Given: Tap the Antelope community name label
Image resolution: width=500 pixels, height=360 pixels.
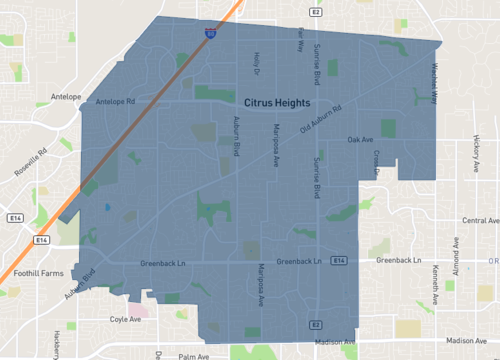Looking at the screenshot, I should pyautogui.click(x=65, y=97).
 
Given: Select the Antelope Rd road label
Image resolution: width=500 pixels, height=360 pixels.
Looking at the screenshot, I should pyautogui.click(x=115, y=101).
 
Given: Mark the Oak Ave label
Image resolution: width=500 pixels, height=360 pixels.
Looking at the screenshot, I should pyautogui.click(x=360, y=140).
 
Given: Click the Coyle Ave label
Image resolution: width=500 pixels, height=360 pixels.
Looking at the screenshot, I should pyautogui.click(x=126, y=320).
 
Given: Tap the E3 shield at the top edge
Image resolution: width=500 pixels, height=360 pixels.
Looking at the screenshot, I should pyautogui.click(x=314, y=13).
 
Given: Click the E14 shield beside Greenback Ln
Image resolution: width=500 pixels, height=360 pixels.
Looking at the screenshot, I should pyautogui.click(x=340, y=261).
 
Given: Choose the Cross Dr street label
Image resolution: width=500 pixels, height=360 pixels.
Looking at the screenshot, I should pyautogui.click(x=377, y=163).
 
